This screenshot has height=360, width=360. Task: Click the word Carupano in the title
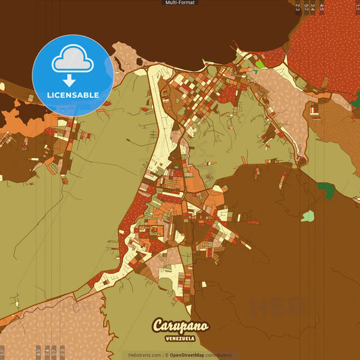[x=180, y=326]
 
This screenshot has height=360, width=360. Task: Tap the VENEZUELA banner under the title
[x=180, y=338]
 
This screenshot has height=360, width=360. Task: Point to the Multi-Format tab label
[x=180, y=3]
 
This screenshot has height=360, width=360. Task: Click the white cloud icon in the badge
[x=72, y=59]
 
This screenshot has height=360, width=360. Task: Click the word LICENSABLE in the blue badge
[x=72, y=95]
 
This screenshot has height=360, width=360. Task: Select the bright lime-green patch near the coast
[x=260, y=66]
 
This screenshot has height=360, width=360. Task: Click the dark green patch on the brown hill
[x=326, y=190]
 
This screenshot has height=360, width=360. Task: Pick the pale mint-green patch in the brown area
[x=307, y=216]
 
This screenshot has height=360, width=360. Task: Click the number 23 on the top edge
[x=297, y=7]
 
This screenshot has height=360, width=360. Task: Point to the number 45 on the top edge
[x=322, y=7]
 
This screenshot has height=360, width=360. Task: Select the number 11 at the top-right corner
[x=356, y=7]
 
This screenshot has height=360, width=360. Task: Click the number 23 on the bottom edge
[x=62, y=352]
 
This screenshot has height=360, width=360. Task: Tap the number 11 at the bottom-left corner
[x=3, y=352]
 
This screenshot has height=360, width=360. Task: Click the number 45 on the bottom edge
[x=38, y=352]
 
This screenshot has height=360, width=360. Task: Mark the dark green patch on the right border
[x=356, y=99]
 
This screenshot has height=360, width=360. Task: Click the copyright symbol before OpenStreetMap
[x=166, y=355]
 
